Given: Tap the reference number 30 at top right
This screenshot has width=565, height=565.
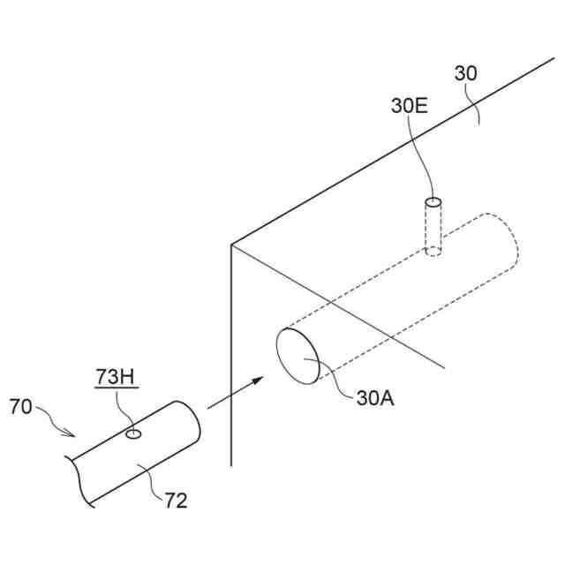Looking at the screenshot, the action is coord(465,74).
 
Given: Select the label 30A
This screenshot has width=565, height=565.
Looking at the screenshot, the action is coord(375,398).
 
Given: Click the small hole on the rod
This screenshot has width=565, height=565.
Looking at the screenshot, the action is coord(134,433).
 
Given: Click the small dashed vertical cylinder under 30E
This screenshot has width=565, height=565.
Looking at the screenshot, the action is coord(433,227).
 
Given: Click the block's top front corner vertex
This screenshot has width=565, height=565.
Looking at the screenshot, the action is coord(231,245).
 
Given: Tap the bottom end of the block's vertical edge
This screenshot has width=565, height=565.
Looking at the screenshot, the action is coord(231,464).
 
